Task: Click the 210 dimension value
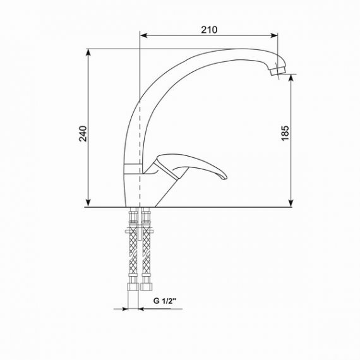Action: coord(209,30)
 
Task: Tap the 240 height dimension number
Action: coord(83,134)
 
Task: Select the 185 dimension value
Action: coord(285,133)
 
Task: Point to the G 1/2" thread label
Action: coord(164,301)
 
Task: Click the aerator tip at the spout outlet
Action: coord(278,70)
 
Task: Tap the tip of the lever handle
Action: coord(226,177)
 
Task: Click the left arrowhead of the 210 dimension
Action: coord(143,35)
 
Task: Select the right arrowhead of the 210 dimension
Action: coord(274,35)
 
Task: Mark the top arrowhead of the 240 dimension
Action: coord(88,52)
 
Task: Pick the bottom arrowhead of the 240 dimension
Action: coord(88,203)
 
